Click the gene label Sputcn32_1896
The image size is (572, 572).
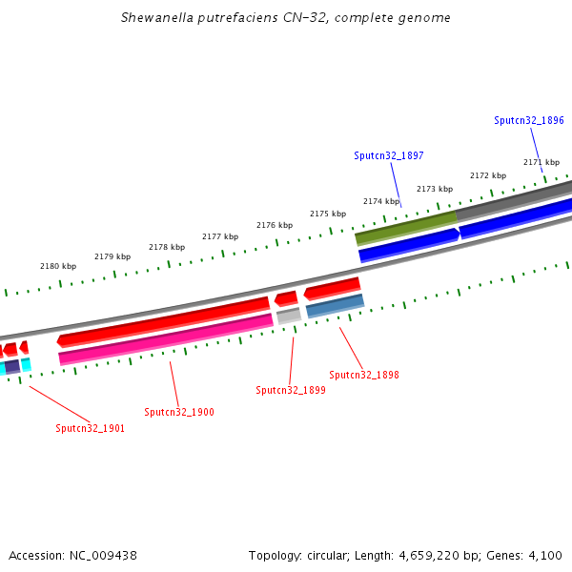click(529, 121)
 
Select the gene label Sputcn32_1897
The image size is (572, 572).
click(389, 155)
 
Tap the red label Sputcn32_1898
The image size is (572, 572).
click(364, 375)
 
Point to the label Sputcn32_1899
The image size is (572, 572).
click(291, 390)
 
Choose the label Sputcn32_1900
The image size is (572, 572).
click(179, 412)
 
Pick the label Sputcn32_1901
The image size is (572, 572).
click(90, 428)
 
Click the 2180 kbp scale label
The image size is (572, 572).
click(57, 266)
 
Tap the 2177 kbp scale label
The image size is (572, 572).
click(220, 236)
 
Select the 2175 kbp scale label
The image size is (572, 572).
click(328, 214)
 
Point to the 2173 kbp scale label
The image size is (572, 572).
click(435, 189)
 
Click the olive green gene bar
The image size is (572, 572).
click(406, 226)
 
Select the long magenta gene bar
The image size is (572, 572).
click(166, 339)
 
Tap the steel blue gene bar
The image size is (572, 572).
click(335, 305)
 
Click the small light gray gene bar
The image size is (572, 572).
click(289, 315)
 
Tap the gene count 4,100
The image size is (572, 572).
click(545, 555)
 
